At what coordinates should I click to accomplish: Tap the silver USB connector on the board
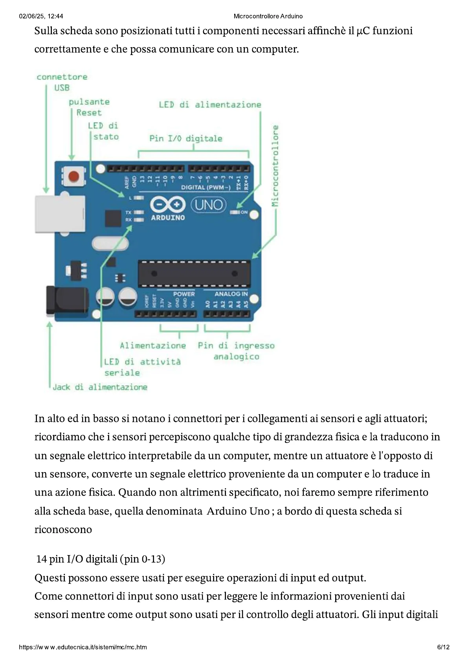coord(60,213)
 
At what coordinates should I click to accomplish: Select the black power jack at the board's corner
coord(67,301)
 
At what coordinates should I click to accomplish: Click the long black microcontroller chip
coord(194,274)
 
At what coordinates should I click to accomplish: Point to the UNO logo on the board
coord(209,205)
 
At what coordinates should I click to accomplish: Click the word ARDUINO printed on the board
coord(168,217)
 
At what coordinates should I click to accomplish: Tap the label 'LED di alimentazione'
coord(210,105)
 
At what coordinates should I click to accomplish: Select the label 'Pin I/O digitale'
coord(185,138)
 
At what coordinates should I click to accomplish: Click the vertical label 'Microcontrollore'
coord(275,165)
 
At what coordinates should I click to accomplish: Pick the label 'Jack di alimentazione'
coord(100,387)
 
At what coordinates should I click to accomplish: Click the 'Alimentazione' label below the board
coord(153,346)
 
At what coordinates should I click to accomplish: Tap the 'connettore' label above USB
coord(62,77)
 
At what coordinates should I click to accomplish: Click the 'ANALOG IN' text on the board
coord(231,294)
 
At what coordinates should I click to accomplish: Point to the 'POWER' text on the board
coord(184,294)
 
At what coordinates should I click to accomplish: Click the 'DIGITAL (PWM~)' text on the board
coord(206,187)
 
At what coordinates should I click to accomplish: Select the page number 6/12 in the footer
coord(443,647)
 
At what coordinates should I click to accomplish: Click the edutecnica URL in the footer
coord(83,647)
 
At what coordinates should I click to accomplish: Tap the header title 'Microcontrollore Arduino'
coord(268,16)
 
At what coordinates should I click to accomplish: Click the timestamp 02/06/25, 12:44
coord(41,16)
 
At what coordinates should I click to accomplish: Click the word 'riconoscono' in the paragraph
coord(63,530)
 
